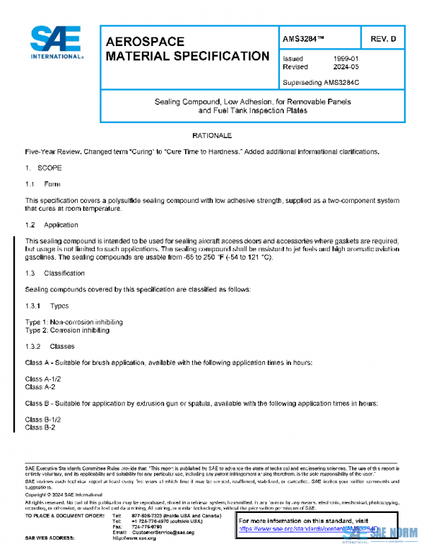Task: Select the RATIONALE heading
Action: (x=212, y=134)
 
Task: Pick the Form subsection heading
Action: (x=52, y=185)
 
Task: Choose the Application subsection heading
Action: (x=61, y=225)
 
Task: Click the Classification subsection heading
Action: (x=64, y=273)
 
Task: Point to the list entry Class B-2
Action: (x=40, y=427)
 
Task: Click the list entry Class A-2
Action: (x=40, y=387)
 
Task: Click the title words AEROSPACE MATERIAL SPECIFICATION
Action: (x=187, y=49)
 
